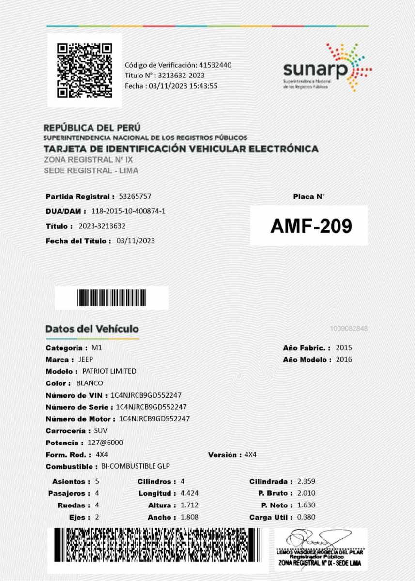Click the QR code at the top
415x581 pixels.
(85, 70)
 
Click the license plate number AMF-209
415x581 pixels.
(310, 226)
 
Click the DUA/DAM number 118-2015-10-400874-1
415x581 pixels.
(128, 211)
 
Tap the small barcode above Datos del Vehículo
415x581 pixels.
(111, 298)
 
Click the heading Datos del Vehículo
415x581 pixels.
(92, 329)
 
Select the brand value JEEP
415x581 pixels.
(86, 359)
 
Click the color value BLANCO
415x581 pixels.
(87, 383)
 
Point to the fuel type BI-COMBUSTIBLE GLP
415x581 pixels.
(136, 467)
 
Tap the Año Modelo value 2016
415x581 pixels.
(344, 359)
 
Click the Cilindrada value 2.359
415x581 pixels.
(306, 482)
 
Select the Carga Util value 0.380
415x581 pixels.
(306, 517)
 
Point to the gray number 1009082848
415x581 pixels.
(349, 329)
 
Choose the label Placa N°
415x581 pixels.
(308, 197)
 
